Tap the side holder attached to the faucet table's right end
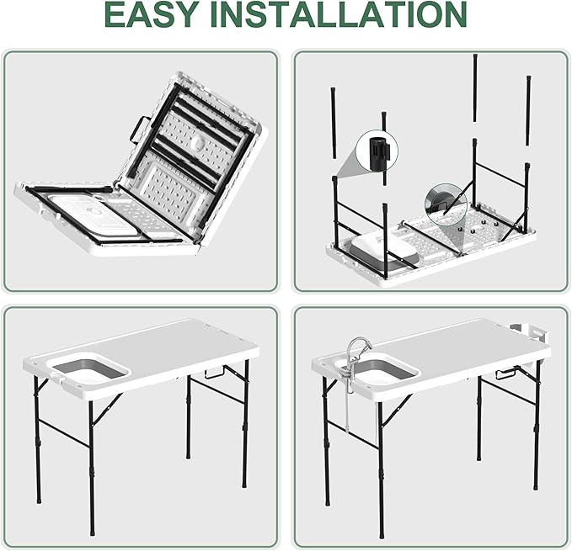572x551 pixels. tap(535, 330)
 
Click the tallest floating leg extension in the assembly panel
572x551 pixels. tap(475, 93)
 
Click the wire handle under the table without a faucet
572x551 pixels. tap(217, 370)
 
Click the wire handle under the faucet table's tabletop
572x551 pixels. tap(507, 371)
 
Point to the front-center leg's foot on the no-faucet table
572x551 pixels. tap(91, 531)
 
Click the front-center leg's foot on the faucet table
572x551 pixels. tap(381, 531)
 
